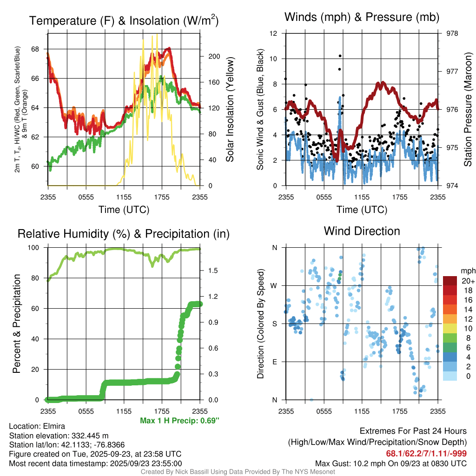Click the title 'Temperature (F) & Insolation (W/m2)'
click(124, 21)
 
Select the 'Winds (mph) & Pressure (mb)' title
click(362, 17)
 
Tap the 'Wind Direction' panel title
click(362, 231)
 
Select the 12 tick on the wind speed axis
click(274, 33)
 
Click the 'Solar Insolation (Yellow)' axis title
click(230, 110)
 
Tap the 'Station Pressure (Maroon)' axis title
click(468, 110)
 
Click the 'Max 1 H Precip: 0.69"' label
click(179, 421)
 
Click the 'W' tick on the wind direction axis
click(274, 285)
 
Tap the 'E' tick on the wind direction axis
click(274, 362)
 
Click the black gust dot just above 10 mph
click(340, 56)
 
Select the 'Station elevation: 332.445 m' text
click(59, 436)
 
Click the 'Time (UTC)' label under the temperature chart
click(124, 210)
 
